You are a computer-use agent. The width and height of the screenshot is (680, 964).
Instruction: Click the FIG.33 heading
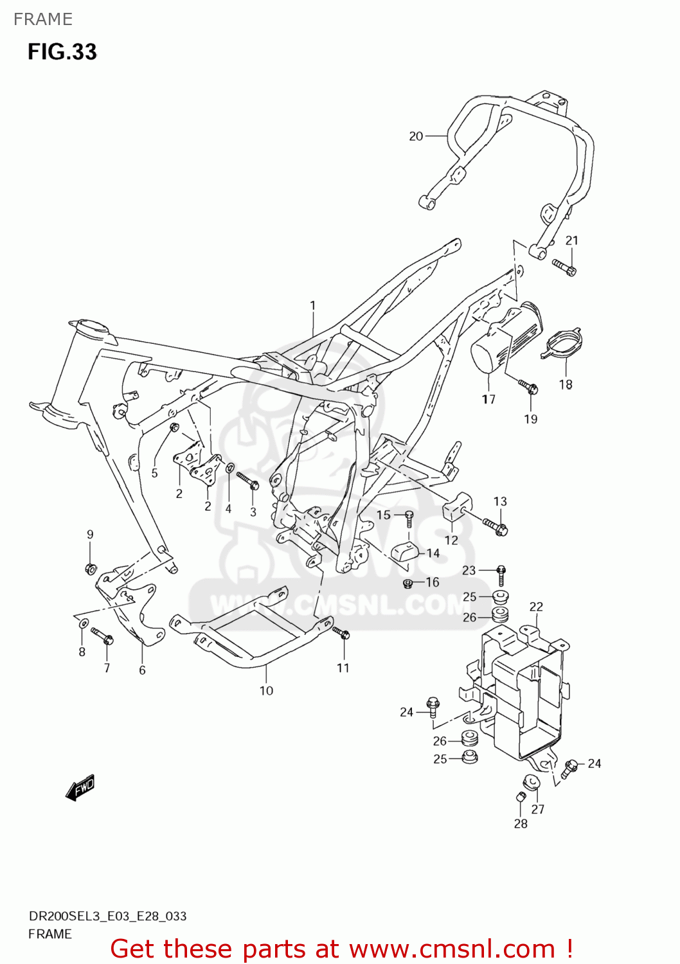62,51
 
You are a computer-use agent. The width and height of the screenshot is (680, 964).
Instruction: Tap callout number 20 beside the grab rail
416,136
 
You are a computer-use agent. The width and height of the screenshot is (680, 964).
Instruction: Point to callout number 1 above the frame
313,305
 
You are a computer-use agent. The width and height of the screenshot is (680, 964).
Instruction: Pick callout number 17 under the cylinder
488,399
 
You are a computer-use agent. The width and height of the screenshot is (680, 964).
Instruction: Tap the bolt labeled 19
528,386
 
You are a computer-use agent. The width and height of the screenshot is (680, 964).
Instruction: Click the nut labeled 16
407,584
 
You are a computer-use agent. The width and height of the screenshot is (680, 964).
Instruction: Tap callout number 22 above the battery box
536,606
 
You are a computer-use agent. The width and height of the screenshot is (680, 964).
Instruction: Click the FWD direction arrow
80,787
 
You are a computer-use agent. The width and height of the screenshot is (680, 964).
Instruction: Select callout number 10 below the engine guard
266,690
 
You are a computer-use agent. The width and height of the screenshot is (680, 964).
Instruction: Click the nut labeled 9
91,568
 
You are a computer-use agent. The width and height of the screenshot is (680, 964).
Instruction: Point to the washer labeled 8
83,623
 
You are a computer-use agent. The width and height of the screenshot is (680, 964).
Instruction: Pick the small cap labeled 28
521,798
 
